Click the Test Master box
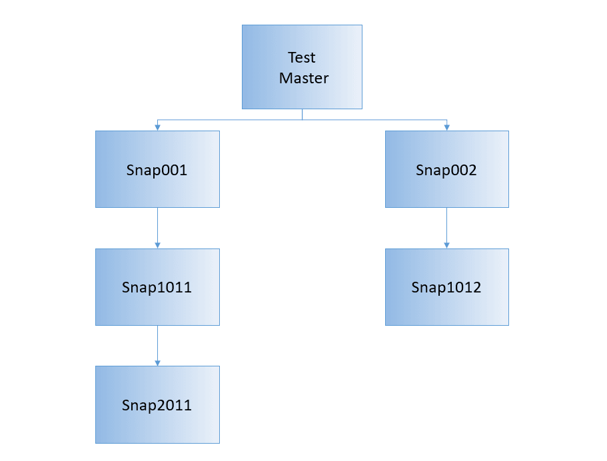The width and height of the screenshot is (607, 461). pyautogui.click(x=302, y=67)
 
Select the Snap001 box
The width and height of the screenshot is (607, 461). pyautogui.click(x=157, y=169)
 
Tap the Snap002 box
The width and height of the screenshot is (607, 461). pyautogui.click(x=446, y=169)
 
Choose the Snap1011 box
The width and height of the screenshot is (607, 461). pyautogui.click(x=157, y=287)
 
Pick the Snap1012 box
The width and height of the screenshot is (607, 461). pyautogui.click(x=446, y=287)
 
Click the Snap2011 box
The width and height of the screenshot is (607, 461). pyautogui.click(x=157, y=404)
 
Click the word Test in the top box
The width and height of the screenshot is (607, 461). pyautogui.click(x=302, y=57)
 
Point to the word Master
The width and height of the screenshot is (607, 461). pyautogui.click(x=304, y=78)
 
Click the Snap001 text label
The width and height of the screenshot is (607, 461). pyautogui.click(x=157, y=170)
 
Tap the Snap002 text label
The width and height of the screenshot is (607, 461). pyautogui.click(x=446, y=170)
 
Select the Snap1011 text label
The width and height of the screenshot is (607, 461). pyautogui.click(x=157, y=288)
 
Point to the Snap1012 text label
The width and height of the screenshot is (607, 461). pyautogui.click(x=446, y=288)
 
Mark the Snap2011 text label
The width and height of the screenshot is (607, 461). pyautogui.click(x=157, y=405)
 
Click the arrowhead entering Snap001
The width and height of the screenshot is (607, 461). pyautogui.click(x=157, y=127)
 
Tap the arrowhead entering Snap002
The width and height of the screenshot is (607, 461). pyautogui.click(x=446, y=127)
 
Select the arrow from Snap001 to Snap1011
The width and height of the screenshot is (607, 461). pyautogui.click(x=157, y=227)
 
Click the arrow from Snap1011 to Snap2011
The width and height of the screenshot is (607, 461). pyautogui.click(x=157, y=344)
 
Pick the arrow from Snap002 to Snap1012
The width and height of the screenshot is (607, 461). pyautogui.click(x=446, y=227)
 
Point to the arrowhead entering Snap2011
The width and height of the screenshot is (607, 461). pyautogui.click(x=157, y=363)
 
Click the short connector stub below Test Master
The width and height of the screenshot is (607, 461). pyautogui.click(x=302, y=115)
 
